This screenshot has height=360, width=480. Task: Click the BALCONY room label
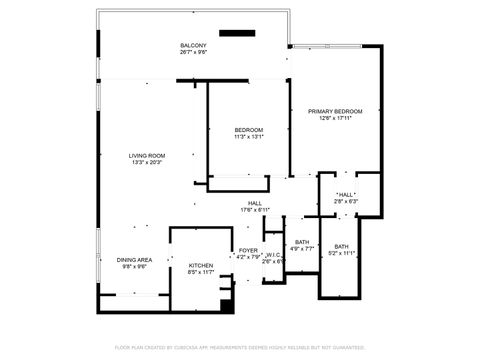click(193, 46)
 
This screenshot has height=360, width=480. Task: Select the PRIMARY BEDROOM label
click(334, 111)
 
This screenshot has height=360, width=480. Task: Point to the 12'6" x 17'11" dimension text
click(334, 118)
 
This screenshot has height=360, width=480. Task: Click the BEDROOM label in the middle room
click(248, 131)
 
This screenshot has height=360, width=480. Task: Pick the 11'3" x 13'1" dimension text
click(248, 138)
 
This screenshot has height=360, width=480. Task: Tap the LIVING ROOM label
click(146, 155)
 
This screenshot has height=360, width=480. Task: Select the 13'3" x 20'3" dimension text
click(146, 162)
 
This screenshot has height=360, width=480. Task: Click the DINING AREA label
click(134, 259)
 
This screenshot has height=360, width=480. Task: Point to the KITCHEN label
click(201, 265)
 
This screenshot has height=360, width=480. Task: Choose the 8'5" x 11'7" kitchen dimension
click(201, 272)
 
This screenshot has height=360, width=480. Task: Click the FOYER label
click(247, 250)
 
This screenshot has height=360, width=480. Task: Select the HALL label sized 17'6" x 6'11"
click(255, 203)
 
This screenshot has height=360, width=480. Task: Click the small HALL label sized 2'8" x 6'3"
click(345, 195)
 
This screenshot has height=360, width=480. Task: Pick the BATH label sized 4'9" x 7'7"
click(301, 242)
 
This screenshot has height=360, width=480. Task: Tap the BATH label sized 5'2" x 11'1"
click(341, 247)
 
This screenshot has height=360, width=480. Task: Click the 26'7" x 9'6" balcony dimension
click(193, 53)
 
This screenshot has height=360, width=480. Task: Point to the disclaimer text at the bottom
click(239, 347)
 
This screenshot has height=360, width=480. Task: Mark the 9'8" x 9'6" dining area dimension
click(134, 266)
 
